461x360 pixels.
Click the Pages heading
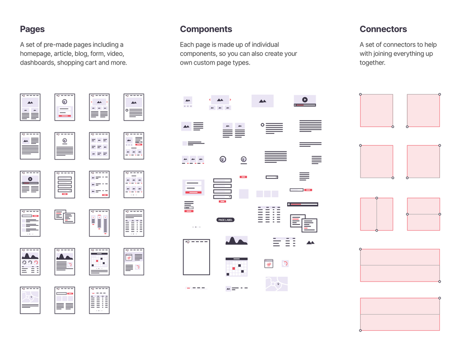point(32,29)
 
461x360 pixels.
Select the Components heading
point(206,29)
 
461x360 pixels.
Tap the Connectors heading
point(383,29)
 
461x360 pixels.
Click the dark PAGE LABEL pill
point(225,220)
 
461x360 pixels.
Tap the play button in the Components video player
point(305,99)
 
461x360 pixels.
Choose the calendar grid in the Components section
point(236,267)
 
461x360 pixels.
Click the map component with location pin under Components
point(277,284)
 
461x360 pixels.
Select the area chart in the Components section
point(236,240)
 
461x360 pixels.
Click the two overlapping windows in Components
point(304,222)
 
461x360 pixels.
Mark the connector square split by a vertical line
point(377,214)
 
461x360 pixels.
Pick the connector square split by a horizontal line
point(423,214)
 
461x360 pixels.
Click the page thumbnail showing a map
point(30,300)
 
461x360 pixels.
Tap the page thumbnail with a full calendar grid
point(100,261)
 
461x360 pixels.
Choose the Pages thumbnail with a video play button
point(30,184)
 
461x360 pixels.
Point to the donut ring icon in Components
point(285,264)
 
